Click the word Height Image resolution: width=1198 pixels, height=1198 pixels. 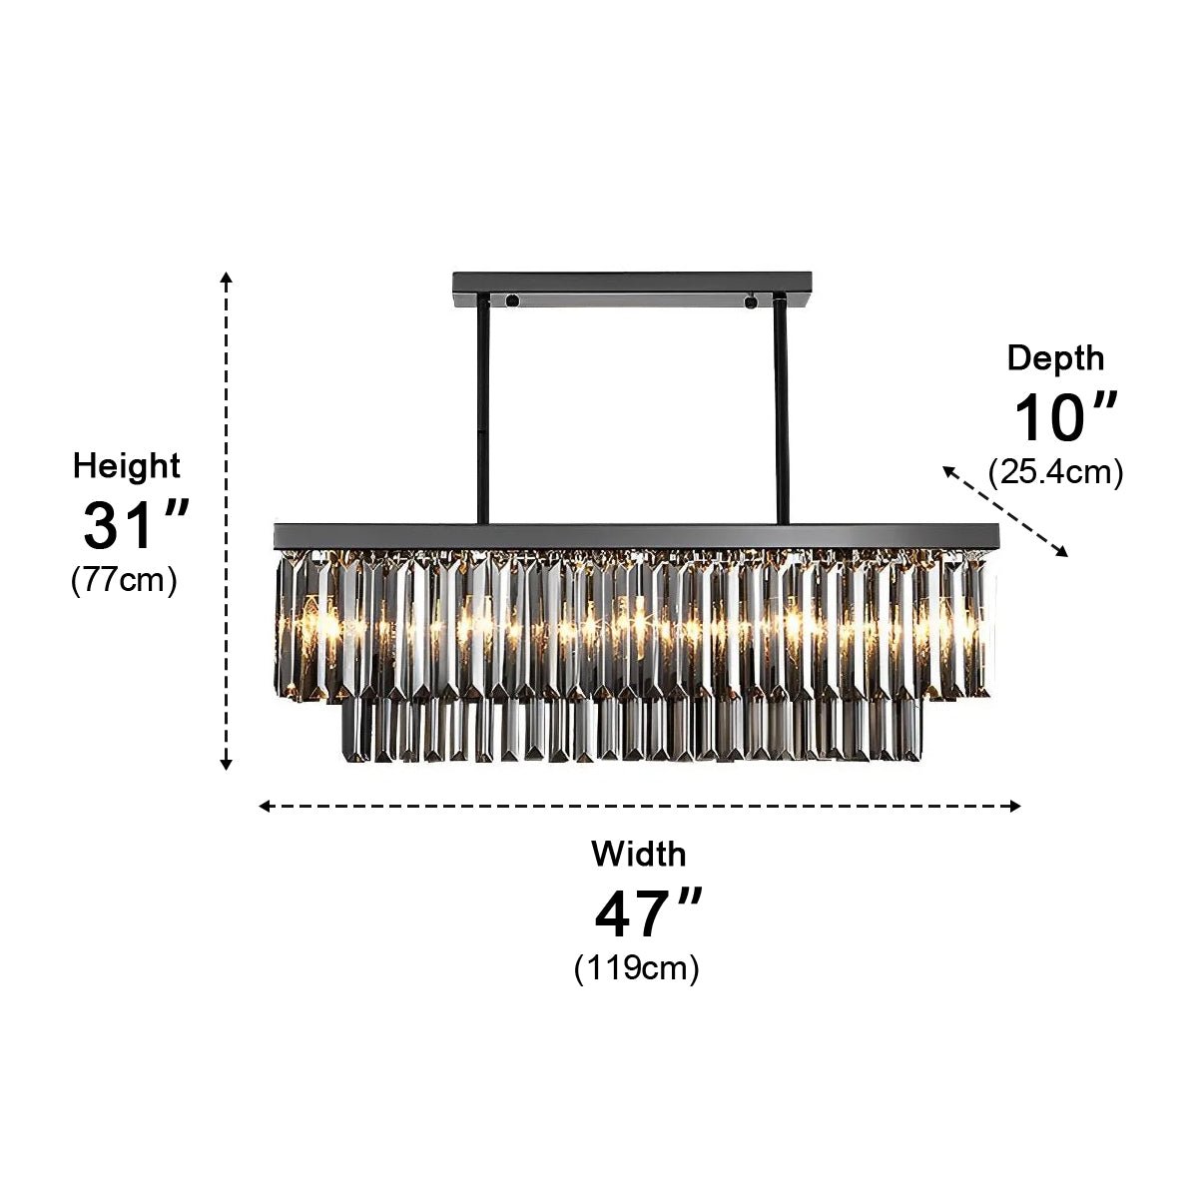127,466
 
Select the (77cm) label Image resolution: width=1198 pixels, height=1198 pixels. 124,580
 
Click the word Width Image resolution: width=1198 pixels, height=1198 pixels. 638,855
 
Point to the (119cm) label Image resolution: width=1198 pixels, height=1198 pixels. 637,967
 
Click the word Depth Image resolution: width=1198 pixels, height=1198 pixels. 1055,357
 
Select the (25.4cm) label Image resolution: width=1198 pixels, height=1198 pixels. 1055,471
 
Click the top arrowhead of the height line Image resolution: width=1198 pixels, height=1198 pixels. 228,277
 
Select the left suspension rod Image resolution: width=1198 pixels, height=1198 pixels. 483,409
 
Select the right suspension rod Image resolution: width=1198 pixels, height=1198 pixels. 781,409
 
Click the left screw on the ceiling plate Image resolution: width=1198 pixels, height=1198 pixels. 511,299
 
